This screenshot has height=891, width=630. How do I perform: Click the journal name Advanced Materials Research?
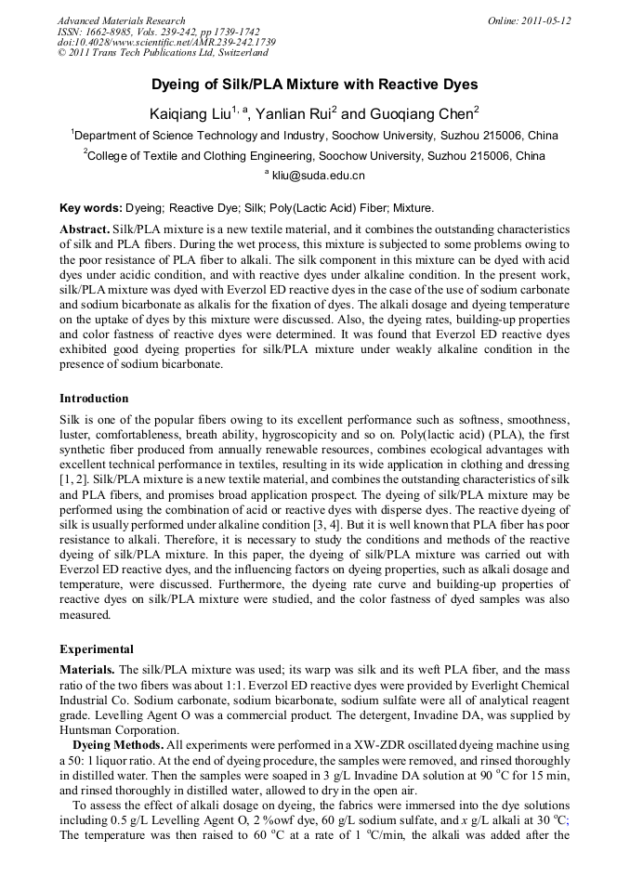coord(122,20)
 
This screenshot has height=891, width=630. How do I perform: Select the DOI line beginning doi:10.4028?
coord(166,43)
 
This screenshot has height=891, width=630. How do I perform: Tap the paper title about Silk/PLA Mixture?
coord(314,85)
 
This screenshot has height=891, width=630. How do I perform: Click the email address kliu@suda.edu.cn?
coord(318,175)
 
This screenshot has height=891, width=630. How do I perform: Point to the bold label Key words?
coord(89,209)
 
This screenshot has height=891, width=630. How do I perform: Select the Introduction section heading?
coord(94,399)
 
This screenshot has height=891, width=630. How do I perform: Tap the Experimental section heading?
coord(97,649)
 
